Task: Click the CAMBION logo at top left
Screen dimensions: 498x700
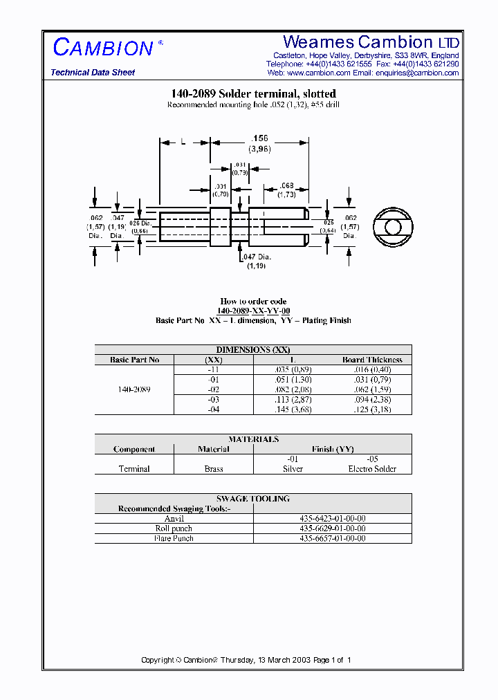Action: click(104, 48)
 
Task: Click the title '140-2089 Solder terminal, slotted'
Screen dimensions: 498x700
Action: click(253, 93)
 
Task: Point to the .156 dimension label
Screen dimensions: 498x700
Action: click(259, 139)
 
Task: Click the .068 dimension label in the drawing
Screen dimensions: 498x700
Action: click(286, 185)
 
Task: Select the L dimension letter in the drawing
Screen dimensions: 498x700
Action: click(183, 141)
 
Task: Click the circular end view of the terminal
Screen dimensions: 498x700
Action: click(392, 228)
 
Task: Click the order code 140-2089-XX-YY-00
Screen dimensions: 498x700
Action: click(253, 311)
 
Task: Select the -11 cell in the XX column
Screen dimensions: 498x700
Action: click(214, 369)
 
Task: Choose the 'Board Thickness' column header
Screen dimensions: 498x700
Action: click(372, 360)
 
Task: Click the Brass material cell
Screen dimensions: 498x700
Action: click(214, 468)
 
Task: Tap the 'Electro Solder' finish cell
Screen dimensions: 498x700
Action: click(372, 468)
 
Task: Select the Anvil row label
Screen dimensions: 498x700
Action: click(174, 518)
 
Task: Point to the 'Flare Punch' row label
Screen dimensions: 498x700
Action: click(174, 538)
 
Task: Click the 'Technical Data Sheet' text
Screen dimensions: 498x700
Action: click(93, 73)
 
